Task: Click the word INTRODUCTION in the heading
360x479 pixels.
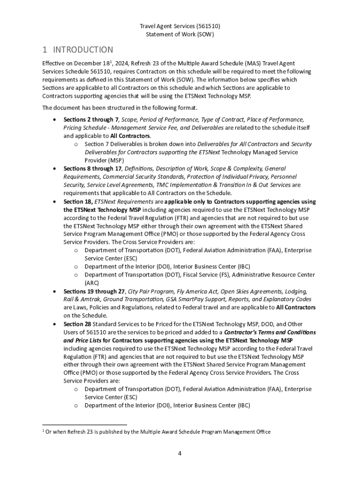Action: point(83,50)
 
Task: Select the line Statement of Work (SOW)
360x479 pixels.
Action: point(180,35)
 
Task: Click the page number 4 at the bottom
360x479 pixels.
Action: point(180,453)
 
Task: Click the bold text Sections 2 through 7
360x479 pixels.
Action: point(91,120)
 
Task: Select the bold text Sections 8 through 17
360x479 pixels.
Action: point(93,168)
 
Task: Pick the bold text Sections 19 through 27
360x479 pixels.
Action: point(94,291)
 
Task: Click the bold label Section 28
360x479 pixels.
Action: point(77,324)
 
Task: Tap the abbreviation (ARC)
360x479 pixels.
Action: point(92,283)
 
